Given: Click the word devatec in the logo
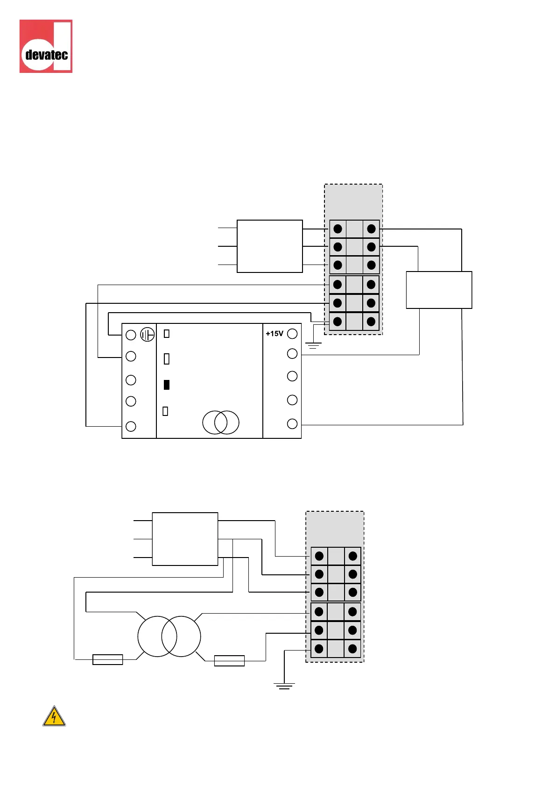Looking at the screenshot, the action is pyautogui.click(x=47, y=55).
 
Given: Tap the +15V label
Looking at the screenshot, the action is pyautogui.click(x=274, y=334).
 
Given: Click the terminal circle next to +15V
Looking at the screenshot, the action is pyautogui.click(x=292, y=334).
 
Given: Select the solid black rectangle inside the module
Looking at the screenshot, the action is pyautogui.click(x=167, y=385).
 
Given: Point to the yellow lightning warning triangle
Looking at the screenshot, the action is pyautogui.click(x=54, y=716).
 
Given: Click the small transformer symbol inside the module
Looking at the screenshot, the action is pyautogui.click(x=221, y=422).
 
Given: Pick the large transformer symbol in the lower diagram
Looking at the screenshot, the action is pyautogui.click(x=169, y=636).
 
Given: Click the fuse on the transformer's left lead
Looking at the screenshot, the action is pyautogui.click(x=108, y=659).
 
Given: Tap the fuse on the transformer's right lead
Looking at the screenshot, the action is pyautogui.click(x=229, y=661).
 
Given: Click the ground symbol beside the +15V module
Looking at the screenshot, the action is pyautogui.click(x=313, y=346).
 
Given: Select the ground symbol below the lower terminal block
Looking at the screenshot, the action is pyautogui.click(x=284, y=686).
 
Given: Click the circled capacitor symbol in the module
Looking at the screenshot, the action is pyautogui.click(x=148, y=335).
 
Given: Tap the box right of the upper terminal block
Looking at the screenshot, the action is pyautogui.click(x=439, y=290).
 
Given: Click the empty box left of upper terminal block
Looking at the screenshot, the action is pyautogui.click(x=270, y=246).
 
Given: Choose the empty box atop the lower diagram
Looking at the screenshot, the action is pyautogui.click(x=185, y=539).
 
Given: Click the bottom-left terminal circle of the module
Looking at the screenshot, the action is pyautogui.click(x=131, y=426).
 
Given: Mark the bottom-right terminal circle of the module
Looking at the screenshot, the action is pyautogui.click(x=292, y=424).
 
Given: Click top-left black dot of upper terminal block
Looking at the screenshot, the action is pyautogui.click(x=338, y=229).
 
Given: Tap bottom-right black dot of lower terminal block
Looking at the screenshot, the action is pyautogui.click(x=352, y=649).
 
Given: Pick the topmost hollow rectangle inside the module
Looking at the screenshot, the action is pyautogui.click(x=167, y=334).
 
